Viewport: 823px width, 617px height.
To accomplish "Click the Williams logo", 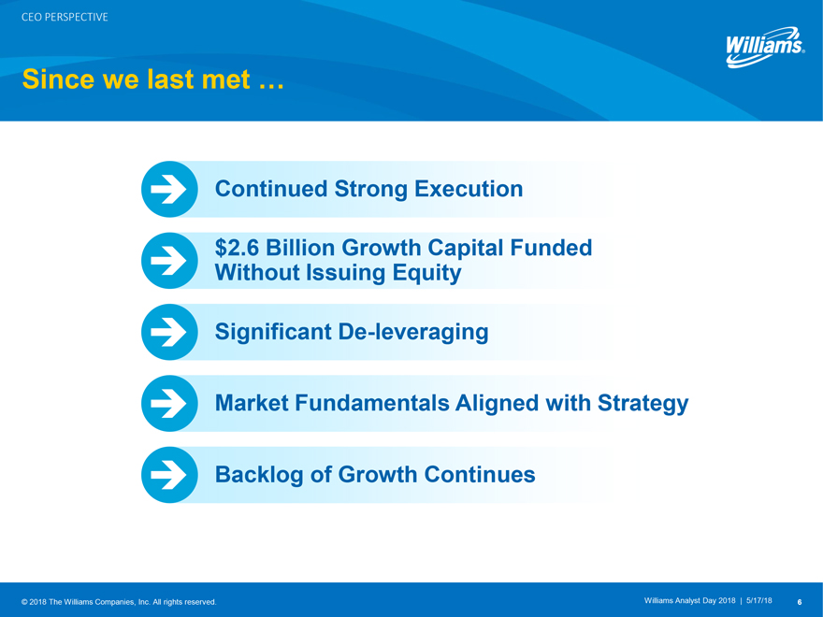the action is (765, 47).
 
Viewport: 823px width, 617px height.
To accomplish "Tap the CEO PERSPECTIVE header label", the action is (65, 18).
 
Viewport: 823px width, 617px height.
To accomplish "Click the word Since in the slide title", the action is (58, 79).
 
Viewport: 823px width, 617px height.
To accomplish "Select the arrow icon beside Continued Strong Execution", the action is (169, 189).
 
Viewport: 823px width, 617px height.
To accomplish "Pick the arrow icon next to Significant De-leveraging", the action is (169, 332).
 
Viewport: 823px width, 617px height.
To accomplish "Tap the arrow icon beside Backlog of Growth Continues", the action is (169, 474).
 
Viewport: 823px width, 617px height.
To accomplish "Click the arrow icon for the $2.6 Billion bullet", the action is (169, 260).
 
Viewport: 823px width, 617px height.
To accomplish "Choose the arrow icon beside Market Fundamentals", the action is (169, 403).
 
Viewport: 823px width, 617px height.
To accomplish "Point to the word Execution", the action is (469, 189).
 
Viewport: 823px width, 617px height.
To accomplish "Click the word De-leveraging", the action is (413, 333).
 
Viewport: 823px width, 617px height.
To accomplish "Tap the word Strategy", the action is (643, 404).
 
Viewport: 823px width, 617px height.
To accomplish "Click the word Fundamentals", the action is (372, 403).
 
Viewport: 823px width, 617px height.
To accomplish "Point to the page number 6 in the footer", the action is (799, 602).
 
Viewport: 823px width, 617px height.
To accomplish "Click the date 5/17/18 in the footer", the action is (759, 601).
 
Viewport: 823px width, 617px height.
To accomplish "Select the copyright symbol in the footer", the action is (24, 602).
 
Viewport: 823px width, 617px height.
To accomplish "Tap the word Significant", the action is (273, 333).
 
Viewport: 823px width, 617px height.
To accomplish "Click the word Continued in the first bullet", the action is (271, 189).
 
